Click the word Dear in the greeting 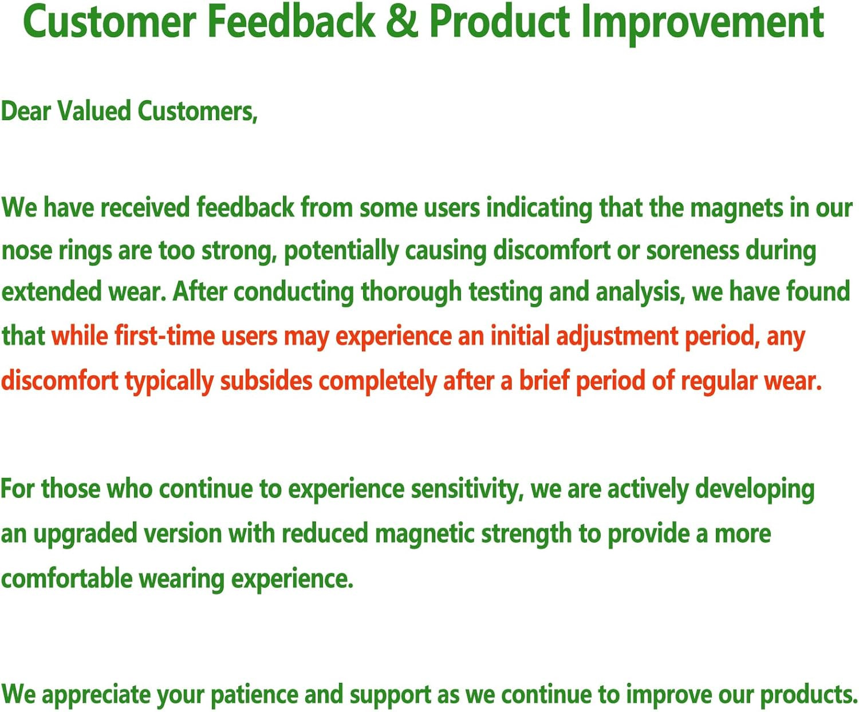[26, 112]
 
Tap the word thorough [411, 292]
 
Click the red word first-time [164, 336]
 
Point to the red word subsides [266, 381]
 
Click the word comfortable [66, 579]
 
